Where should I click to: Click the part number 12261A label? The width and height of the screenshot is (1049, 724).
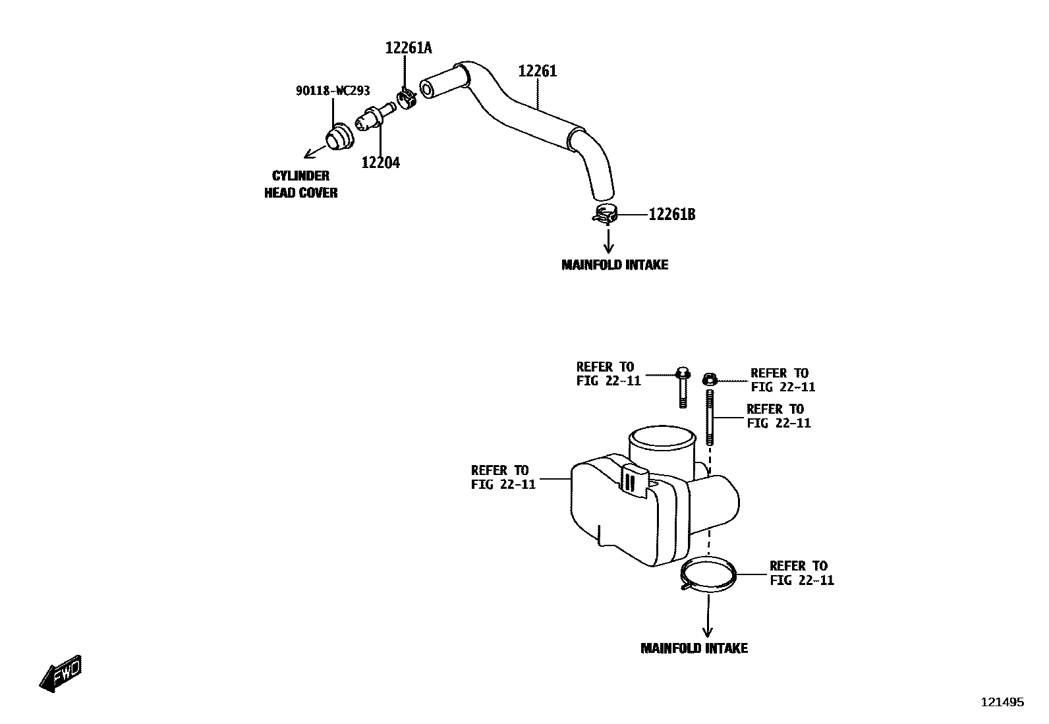[409, 47]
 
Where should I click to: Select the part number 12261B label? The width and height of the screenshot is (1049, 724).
[672, 215]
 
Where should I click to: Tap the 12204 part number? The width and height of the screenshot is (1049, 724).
[380, 162]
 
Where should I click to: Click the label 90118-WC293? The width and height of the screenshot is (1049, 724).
[332, 91]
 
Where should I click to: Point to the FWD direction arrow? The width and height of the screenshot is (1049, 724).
[61, 673]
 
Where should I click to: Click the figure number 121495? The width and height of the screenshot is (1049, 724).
[1003, 702]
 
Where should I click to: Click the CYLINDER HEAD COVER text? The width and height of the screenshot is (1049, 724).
[300, 184]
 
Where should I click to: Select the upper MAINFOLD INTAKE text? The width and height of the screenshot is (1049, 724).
[615, 265]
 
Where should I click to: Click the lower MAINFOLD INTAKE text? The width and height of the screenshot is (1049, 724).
[694, 648]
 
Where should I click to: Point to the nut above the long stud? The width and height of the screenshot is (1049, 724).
[710, 379]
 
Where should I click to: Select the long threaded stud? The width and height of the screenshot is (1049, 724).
[710, 418]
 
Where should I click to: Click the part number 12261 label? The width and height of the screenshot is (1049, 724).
[538, 71]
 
